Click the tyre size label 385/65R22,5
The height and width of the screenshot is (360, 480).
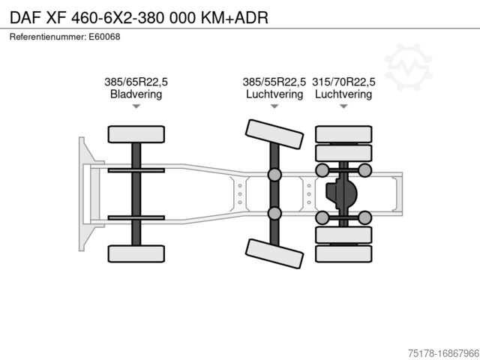[x=136, y=82]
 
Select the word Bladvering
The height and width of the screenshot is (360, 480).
[x=136, y=94]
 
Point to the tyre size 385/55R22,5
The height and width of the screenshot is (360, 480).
[x=274, y=82]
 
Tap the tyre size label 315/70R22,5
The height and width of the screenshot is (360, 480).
[x=343, y=82]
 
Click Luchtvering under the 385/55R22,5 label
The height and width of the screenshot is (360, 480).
[x=274, y=94]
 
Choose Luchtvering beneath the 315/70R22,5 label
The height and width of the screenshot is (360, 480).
[x=343, y=94]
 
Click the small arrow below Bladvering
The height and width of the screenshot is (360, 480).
[x=136, y=106]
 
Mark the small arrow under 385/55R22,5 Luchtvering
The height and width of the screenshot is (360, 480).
[x=274, y=106]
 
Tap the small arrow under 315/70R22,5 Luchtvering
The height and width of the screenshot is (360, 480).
[x=343, y=106]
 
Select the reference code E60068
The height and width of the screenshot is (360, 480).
[x=106, y=36]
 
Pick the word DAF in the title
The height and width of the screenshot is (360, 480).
[x=25, y=16]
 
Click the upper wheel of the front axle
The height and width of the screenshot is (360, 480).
[x=136, y=134]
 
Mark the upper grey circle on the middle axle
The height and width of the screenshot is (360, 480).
[x=274, y=175]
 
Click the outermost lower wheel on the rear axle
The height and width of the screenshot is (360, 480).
[x=343, y=253]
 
